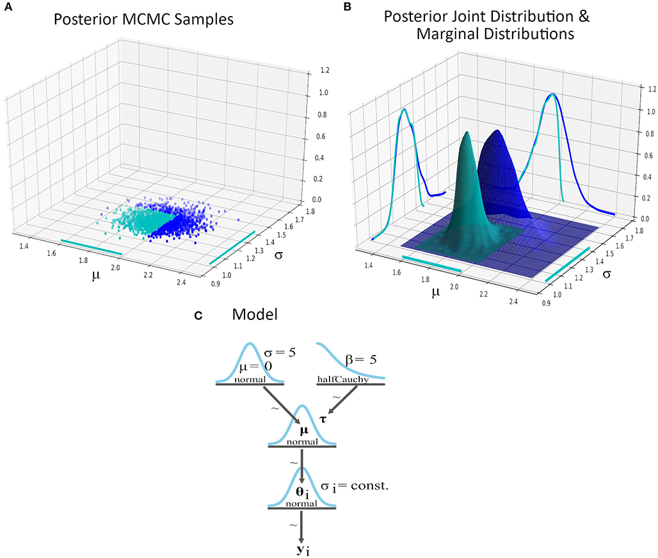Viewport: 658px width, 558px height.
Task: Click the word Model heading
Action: click(253, 315)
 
